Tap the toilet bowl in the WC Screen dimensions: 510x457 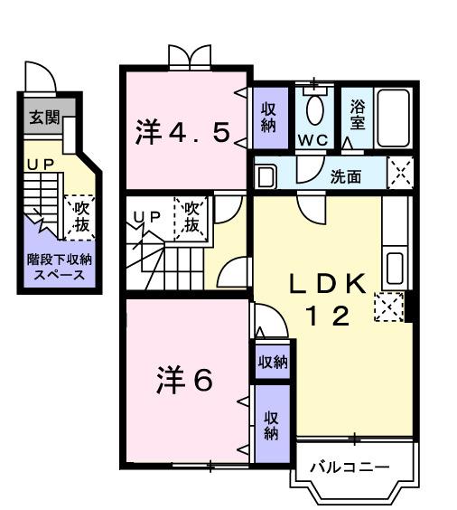tap(314, 109)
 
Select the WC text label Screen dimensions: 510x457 tap(314, 141)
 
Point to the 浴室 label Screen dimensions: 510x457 tap(359, 114)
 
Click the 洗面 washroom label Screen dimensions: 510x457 tap(344, 176)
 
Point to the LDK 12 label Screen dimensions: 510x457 tap(327, 298)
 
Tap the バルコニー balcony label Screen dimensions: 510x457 tap(349, 467)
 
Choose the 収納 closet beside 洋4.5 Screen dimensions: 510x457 tap(268, 118)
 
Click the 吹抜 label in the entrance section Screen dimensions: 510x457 tap(80, 216)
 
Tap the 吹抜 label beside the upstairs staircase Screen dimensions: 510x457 tap(191, 216)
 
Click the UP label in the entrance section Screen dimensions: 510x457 tap(38, 165)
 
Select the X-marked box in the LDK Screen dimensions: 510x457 tap(387, 308)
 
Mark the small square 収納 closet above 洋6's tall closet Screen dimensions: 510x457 tap(272, 363)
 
